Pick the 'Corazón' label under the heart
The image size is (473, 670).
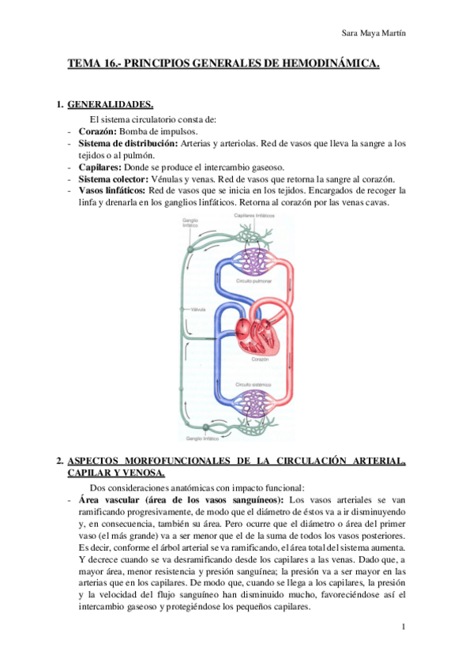click(261, 358)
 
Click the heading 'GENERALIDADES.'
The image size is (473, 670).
click(110, 104)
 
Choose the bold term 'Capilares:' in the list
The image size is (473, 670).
click(100, 167)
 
